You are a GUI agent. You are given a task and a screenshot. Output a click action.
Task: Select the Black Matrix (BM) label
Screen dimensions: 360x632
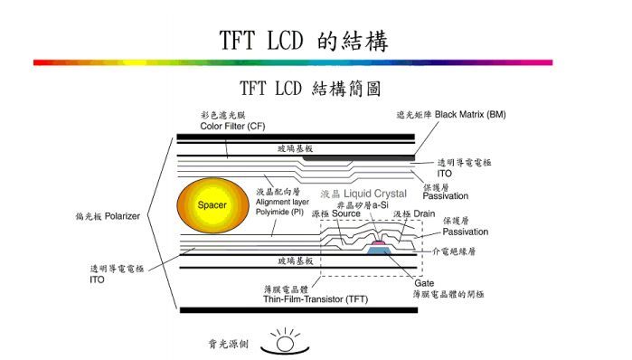click(x=470, y=116)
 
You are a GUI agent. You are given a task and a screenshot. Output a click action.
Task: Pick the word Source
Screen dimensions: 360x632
click(x=345, y=214)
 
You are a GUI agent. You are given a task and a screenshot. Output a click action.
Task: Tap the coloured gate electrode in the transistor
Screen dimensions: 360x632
click(x=381, y=249)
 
